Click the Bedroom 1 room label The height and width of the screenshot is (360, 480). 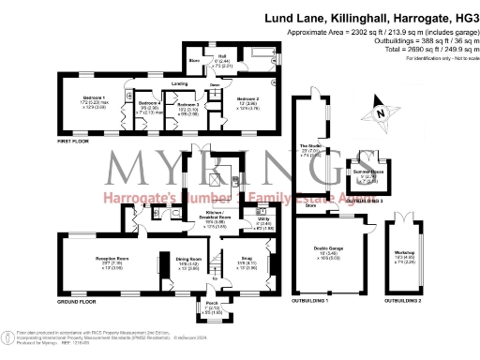92,97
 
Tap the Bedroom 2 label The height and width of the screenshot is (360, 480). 247,97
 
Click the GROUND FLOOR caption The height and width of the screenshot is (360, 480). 76,302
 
